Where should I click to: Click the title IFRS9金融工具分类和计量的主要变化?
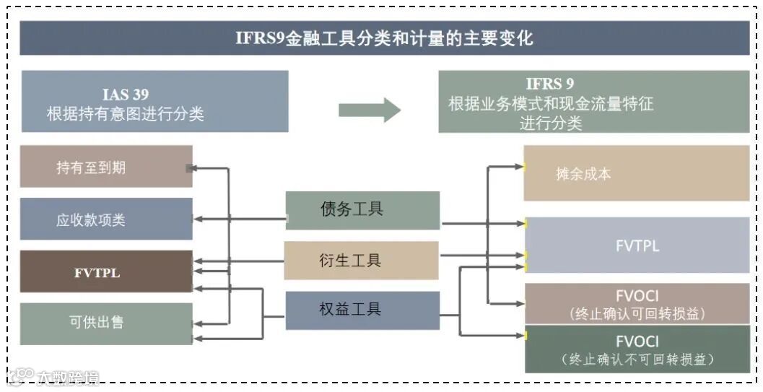(384, 38)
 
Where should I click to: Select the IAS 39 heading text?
(126, 95)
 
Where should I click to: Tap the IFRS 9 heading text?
(550, 84)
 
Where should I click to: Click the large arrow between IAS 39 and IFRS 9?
(369, 110)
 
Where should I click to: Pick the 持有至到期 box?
(106, 167)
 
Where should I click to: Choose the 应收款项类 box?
(106, 219)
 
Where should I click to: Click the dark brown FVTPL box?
(106, 272)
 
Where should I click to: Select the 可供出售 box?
(106, 323)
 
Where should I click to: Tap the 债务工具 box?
(362, 210)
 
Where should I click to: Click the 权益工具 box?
(362, 310)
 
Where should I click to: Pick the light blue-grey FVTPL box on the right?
(637, 245)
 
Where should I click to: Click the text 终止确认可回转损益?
(637, 314)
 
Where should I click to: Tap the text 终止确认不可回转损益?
(637, 359)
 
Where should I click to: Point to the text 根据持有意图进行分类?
(126, 113)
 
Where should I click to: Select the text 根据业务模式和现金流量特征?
(550, 103)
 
